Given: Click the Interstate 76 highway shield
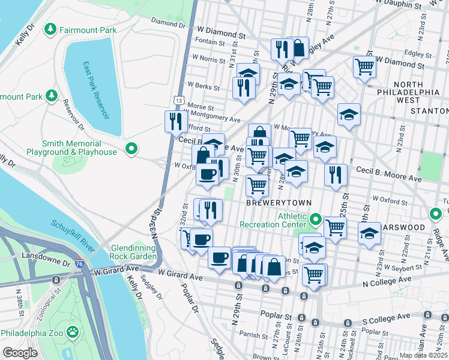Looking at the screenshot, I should coord(80,263).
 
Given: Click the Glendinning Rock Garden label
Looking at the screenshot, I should coord(130,252).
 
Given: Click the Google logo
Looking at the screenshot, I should coord(20,353).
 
